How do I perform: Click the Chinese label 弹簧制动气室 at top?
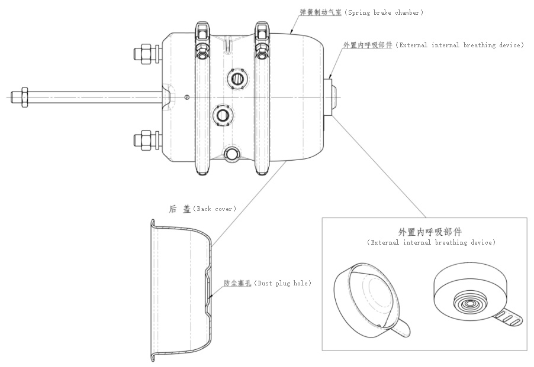coord(320,12)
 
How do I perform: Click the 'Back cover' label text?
coord(216,209)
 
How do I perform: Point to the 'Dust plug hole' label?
coord(282,283)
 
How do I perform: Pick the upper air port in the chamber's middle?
coord(237,78)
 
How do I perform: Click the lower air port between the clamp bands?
coord(224,113)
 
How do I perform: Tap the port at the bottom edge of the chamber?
coord(231,154)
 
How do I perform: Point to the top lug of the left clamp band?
coord(202,30)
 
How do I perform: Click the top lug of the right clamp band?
coord(262,30)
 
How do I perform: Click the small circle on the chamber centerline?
coord(187,97)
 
